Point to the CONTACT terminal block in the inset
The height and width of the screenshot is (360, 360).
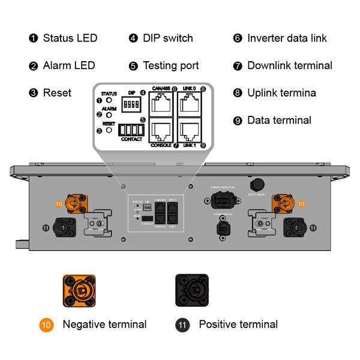tap(131, 130)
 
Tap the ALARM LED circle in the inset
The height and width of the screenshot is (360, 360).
tap(109, 115)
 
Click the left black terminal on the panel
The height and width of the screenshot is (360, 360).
tap(62, 227)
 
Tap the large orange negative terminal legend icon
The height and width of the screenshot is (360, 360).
tap(79, 290)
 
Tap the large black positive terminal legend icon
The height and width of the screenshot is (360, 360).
tap(191, 290)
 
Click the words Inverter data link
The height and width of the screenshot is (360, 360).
tap(287, 38)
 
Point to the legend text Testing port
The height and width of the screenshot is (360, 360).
tap(170, 65)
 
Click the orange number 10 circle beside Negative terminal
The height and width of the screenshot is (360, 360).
tap(47, 325)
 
